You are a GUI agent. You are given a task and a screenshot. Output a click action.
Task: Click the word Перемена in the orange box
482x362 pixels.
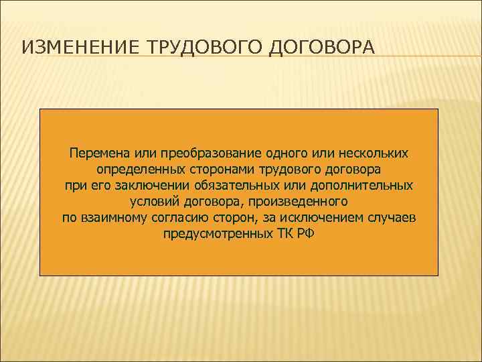[98, 154]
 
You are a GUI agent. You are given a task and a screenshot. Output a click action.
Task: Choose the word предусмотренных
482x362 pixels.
[214, 234]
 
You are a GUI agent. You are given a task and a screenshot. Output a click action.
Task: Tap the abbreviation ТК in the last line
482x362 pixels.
[280, 234]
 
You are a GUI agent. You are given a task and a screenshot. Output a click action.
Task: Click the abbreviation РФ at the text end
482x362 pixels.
[304, 234]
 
